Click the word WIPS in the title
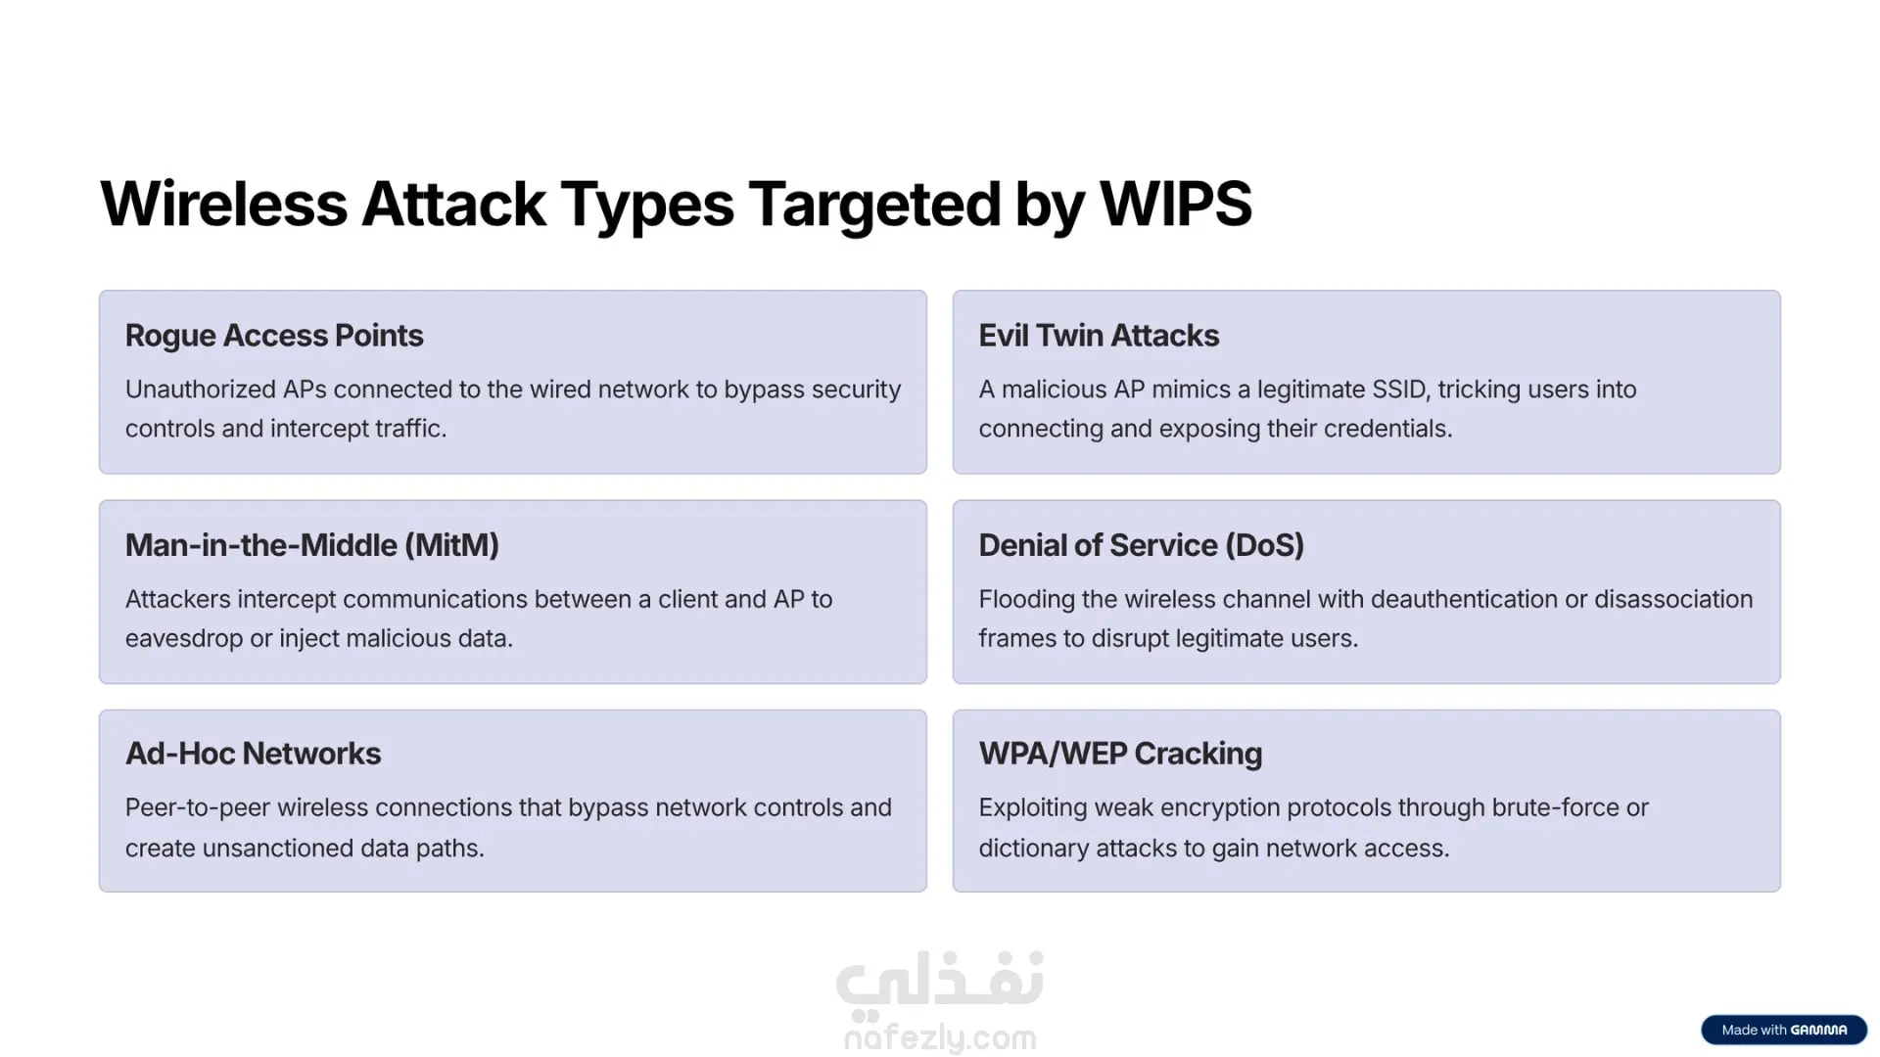[x=1176, y=204]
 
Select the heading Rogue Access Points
[x=274, y=336]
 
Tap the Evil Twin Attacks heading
[x=1099, y=336]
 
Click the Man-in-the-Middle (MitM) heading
[x=312, y=545]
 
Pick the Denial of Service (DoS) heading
[x=1142, y=545]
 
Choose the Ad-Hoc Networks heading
[x=253, y=754]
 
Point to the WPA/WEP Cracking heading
[x=1120, y=754]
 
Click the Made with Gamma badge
[x=1784, y=1030]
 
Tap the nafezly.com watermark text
[x=940, y=1037]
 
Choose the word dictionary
[x=1034, y=849]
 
